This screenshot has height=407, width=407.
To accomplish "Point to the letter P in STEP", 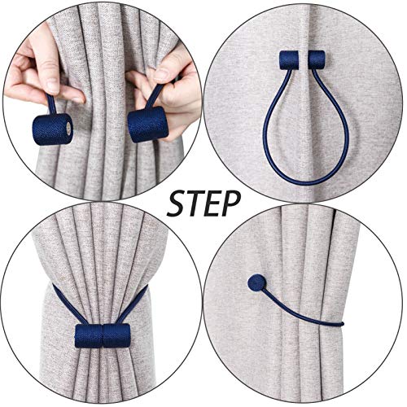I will (231, 203).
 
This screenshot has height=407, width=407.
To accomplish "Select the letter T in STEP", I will (194, 203).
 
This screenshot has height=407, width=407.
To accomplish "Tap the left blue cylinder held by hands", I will (51, 129).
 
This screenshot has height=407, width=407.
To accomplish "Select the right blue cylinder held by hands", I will (148, 123).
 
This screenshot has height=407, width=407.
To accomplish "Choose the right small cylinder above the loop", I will (314, 61).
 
